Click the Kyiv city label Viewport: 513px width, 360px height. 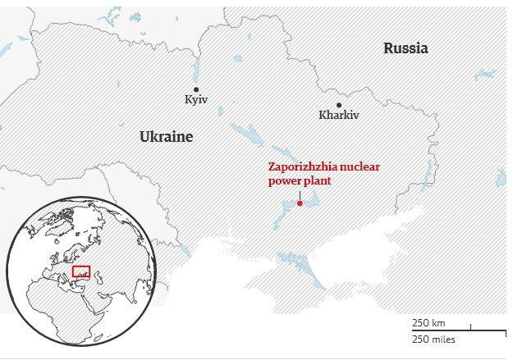197,99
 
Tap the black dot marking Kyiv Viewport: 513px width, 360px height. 196,89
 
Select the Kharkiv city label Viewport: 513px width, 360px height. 339,115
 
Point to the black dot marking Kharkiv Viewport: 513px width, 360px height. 339,104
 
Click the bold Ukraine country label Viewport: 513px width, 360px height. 166,137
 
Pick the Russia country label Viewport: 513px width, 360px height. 405,48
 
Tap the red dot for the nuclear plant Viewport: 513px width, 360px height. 300,203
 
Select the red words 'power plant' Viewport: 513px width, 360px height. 300,180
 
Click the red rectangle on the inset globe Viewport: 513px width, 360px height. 81,271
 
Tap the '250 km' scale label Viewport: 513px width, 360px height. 428,323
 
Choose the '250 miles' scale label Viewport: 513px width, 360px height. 433,339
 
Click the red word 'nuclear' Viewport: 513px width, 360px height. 360,166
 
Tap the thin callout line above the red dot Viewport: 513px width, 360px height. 300,194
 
